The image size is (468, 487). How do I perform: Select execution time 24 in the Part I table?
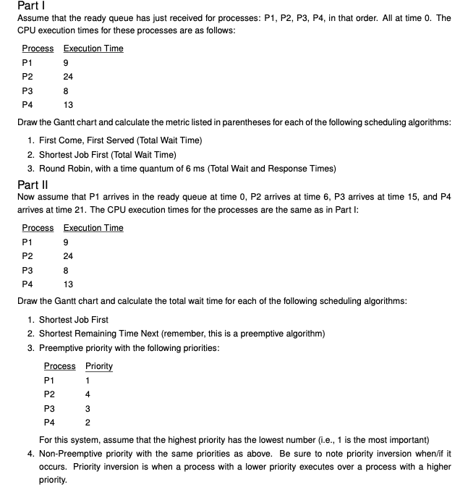coord(68,76)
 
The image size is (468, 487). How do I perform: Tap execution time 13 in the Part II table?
coord(68,284)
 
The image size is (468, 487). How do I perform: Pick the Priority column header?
coord(98,366)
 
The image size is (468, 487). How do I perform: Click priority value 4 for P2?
coord(88,394)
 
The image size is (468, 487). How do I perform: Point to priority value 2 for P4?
coord(88,422)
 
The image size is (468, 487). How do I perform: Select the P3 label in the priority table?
coord(49,408)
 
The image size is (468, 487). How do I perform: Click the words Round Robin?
coord(64,169)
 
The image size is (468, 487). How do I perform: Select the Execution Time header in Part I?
coord(93,48)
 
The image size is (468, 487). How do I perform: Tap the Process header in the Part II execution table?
coord(38,228)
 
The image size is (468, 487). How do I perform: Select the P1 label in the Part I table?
coord(27,62)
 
